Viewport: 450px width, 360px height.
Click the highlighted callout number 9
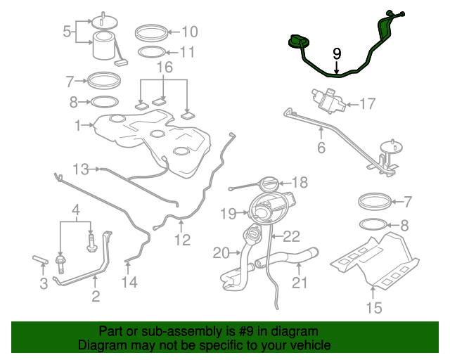click(x=337, y=54)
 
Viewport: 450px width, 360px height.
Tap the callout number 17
click(x=367, y=103)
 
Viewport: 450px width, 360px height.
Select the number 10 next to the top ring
click(x=190, y=32)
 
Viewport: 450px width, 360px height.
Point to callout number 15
click(x=374, y=308)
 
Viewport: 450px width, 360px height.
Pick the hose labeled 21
click(x=287, y=257)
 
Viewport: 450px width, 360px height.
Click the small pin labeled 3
click(x=40, y=259)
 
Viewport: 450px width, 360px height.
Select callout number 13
click(x=81, y=169)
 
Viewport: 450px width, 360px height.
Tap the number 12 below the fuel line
click(x=183, y=240)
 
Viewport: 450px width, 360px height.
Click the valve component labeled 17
click(x=328, y=101)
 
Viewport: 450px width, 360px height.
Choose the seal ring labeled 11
click(x=152, y=52)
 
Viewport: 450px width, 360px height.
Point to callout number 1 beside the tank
click(x=78, y=125)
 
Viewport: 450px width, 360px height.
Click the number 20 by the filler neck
click(x=221, y=253)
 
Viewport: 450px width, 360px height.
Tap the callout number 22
click(x=292, y=236)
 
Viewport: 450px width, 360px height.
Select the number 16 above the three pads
click(x=165, y=67)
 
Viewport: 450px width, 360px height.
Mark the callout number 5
click(x=67, y=32)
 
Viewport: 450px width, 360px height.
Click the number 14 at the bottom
click(x=129, y=282)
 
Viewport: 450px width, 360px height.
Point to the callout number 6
click(x=321, y=148)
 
